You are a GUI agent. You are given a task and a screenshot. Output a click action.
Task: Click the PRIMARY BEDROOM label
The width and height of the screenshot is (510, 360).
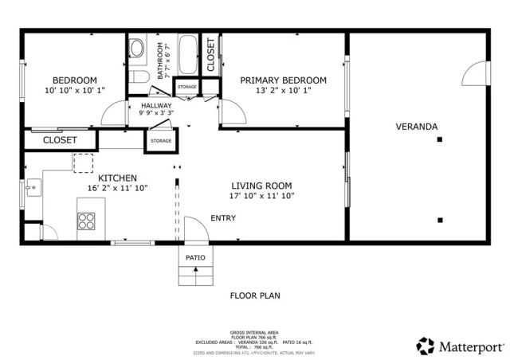[x=283, y=80]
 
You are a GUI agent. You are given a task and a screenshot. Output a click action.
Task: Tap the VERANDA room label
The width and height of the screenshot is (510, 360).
[x=416, y=127]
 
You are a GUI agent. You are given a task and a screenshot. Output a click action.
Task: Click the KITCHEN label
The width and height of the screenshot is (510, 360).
[x=117, y=178]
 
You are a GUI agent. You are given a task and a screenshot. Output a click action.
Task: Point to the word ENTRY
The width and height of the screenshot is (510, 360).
[x=223, y=218]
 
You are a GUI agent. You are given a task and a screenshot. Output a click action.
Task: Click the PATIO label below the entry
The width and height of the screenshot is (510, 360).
[x=195, y=258]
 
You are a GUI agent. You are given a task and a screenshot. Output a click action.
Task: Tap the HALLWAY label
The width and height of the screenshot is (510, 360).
[x=157, y=105]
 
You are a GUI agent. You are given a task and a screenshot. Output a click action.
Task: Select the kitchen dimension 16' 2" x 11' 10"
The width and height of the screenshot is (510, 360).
[x=117, y=188]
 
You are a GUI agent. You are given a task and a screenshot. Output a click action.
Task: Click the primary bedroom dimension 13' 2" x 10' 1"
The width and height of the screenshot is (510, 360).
[x=283, y=91]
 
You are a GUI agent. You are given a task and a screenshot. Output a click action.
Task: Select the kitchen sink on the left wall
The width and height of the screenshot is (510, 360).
[x=33, y=189]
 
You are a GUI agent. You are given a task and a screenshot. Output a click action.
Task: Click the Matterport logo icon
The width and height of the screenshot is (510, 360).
[x=426, y=346]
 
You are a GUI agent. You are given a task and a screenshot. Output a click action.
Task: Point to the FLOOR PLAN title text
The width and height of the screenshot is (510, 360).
[x=255, y=295]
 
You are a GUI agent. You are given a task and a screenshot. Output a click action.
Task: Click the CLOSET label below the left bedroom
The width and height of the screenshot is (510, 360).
[x=60, y=140]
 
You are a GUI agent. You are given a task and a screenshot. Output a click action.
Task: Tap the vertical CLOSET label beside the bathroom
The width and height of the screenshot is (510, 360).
[x=210, y=54]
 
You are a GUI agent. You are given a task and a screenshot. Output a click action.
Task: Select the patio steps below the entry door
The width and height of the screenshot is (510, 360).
[x=195, y=275]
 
